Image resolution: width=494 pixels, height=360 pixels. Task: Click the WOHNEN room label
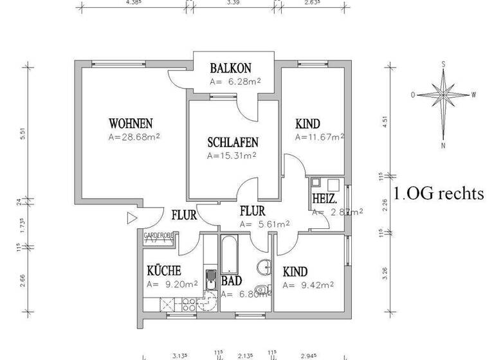pyautogui.click(x=131, y=123)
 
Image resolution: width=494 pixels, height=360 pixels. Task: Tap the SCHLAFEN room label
pyautogui.click(x=233, y=143)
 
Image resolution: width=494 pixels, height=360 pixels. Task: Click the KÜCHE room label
pyautogui.click(x=163, y=271)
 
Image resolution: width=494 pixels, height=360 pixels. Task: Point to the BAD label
pyautogui.click(x=231, y=281)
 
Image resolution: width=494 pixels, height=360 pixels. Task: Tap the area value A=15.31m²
pyautogui.click(x=232, y=155)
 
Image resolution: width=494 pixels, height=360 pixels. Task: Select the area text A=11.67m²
pyautogui.click(x=320, y=137)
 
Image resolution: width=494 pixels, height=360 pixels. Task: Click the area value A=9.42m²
pyautogui.click(x=307, y=285)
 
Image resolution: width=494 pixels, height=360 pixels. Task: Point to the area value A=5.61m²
pyautogui.click(x=264, y=224)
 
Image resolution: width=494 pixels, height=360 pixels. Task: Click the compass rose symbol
pyautogui.click(x=444, y=95)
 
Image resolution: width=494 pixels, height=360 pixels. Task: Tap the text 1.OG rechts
pyautogui.click(x=438, y=195)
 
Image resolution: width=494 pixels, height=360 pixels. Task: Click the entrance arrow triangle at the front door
pyautogui.click(x=133, y=219)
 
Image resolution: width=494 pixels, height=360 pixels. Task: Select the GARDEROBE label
pyautogui.click(x=160, y=235)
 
